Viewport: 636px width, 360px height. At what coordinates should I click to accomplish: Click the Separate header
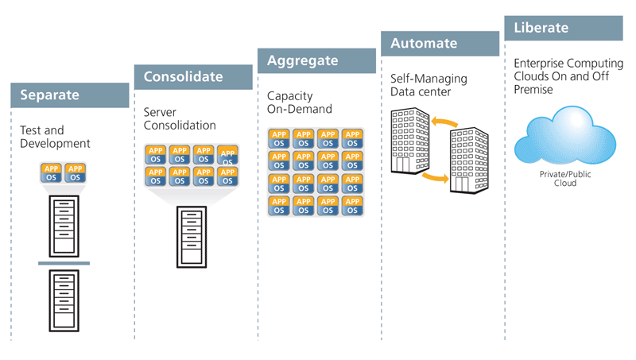point(70,95)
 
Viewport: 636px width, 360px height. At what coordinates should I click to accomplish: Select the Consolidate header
point(193,77)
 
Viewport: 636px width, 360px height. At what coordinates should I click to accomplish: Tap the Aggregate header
point(316,60)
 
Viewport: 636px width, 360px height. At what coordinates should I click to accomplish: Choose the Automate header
point(440,44)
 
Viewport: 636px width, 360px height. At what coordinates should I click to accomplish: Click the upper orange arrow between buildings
point(446,122)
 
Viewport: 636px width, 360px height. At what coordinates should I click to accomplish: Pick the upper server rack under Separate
point(64,225)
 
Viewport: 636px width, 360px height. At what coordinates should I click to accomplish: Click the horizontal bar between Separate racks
point(64,263)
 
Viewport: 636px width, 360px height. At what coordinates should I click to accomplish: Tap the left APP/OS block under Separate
point(52,172)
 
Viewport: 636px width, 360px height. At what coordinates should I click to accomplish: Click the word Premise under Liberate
point(534,90)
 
